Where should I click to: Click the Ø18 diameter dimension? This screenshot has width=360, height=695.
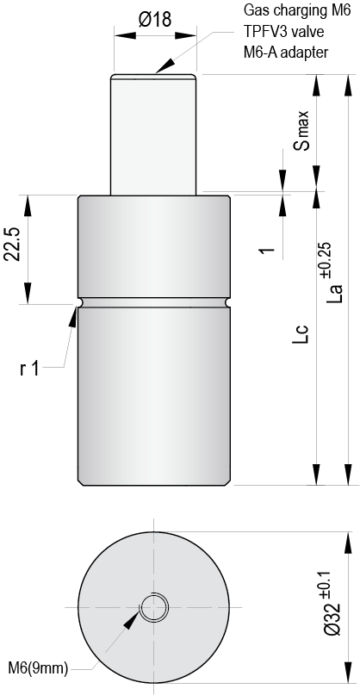point(155,20)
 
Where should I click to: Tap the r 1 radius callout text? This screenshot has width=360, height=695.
point(29,369)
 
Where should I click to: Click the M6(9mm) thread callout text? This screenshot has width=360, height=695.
point(38,668)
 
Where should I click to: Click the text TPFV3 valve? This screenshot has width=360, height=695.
point(284,32)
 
